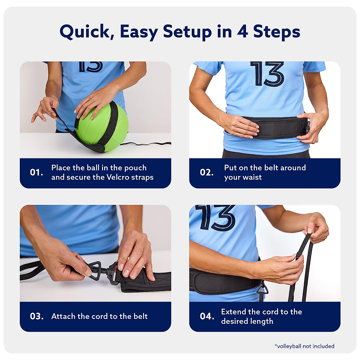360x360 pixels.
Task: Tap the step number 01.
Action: tap(37, 172)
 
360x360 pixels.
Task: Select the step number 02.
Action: tap(207, 172)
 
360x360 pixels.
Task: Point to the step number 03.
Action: tap(37, 316)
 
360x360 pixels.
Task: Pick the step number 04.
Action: tap(207, 316)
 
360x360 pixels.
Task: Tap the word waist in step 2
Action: tap(252, 177)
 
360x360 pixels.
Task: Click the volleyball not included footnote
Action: tap(304, 346)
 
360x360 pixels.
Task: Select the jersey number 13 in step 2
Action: tap(267, 73)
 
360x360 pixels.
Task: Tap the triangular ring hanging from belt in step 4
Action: tap(262, 289)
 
